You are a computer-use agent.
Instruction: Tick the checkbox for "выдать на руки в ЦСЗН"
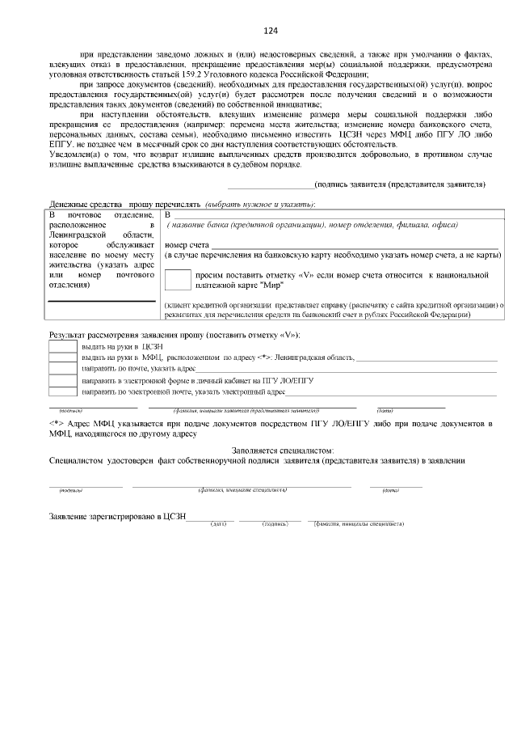[x=63, y=346]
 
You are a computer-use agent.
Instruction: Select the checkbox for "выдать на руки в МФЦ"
[x=63, y=358]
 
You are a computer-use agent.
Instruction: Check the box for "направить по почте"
[x=63, y=369]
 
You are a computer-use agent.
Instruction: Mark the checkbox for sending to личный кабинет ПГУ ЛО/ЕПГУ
[x=63, y=380]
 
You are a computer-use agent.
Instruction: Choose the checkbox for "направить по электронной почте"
[x=63, y=391]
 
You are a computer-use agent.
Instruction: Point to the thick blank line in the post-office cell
[x=102, y=302]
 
